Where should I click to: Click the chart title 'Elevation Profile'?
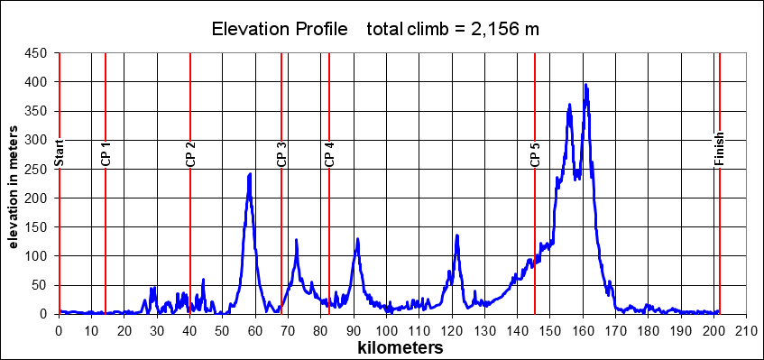(280, 29)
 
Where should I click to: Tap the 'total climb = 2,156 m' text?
(454, 29)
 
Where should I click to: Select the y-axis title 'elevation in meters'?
(14, 183)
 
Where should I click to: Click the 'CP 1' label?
(106, 154)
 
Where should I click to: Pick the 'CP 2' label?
(190, 154)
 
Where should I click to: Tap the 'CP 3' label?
(281, 154)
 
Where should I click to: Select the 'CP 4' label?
(329, 154)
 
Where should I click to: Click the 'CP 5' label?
(535, 154)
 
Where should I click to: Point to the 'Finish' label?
(719, 149)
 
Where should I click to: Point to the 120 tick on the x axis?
(452, 329)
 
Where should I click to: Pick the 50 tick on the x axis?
(223, 329)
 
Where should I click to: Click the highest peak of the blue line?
(586, 85)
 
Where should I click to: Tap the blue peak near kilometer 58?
(249, 173)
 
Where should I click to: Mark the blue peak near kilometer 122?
(457, 235)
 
